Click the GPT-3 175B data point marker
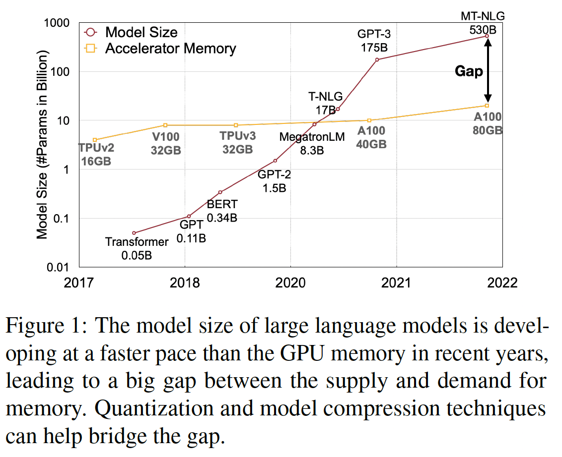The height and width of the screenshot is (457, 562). point(377,59)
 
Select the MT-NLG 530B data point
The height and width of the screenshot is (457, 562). point(487,36)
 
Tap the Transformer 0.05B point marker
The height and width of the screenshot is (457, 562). point(134,233)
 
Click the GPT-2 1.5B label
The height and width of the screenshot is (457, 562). point(274,181)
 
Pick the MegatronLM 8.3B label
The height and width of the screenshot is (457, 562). point(312,143)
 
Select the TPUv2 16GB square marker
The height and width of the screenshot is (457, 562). point(95,140)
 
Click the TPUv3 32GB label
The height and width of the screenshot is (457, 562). point(237,143)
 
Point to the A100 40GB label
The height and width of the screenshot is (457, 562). point(370,138)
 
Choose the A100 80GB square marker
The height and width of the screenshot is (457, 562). point(487,106)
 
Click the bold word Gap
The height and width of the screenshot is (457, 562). point(469,71)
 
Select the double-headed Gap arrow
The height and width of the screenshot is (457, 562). point(488,71)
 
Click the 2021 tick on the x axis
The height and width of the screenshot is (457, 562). point(396,283)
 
